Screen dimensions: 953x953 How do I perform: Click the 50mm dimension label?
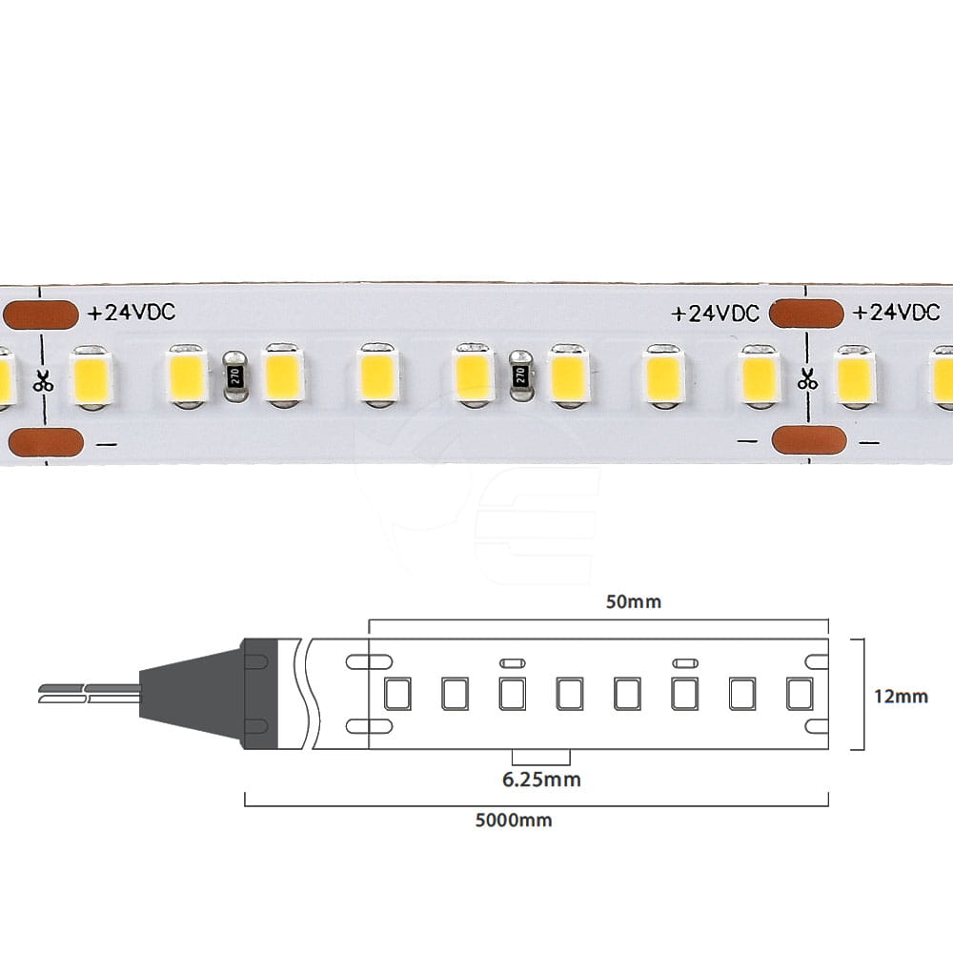(x=634, y=602)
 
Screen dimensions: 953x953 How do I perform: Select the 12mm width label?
(x=900, y=696)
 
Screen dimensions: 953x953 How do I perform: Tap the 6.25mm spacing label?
(x=541, y=780)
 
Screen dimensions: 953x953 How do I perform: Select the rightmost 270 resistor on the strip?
(x=520, y=375)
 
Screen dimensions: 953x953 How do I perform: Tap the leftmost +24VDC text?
(x=131, y=314)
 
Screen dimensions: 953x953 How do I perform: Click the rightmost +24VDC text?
(x=896, y=313)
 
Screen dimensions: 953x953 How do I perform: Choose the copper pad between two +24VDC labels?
(x=807, y=314)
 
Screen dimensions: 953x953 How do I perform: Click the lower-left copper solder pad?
(x=44, y=442)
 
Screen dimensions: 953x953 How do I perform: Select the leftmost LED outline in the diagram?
(x=396, y=693)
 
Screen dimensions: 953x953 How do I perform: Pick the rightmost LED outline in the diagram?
(x=799, y=693)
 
